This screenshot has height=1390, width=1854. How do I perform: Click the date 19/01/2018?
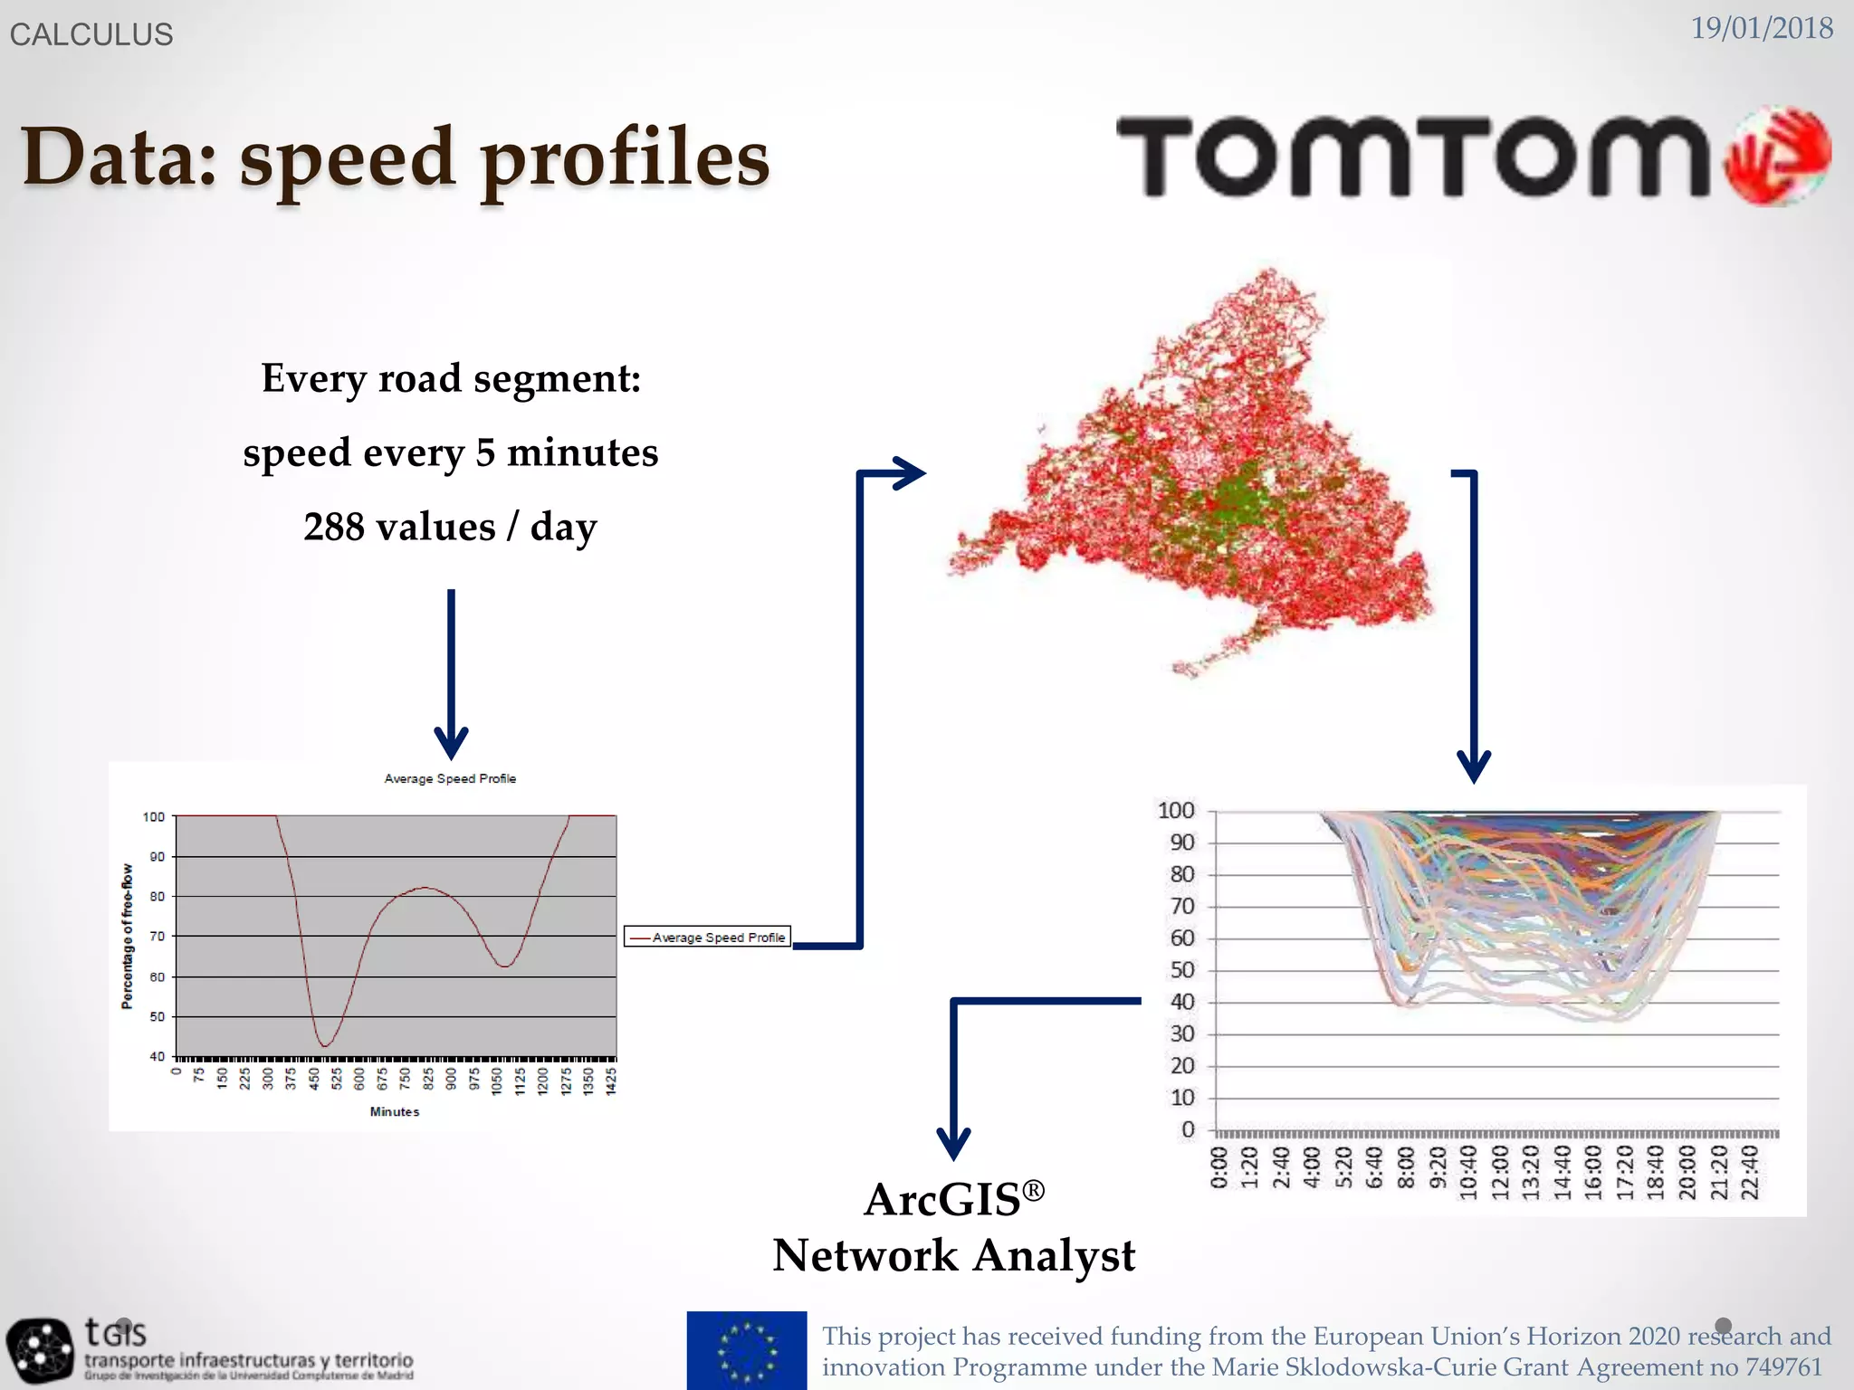coord(1761,28)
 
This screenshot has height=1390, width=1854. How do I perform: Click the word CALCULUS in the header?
coord(91,34)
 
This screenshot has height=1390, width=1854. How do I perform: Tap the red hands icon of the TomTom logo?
coord(1776,156)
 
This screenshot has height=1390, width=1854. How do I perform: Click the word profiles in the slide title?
coord(625,158)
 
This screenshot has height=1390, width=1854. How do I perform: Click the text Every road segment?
coord(451,378)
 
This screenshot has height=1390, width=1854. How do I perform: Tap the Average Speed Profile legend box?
coord(707,937)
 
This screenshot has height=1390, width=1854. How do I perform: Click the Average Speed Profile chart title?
coord(450,778)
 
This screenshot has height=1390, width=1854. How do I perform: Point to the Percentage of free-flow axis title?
coord(127,936)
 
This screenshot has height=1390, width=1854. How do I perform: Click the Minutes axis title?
coord(394,1111)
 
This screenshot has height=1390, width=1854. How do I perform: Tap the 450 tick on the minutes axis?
coord(314,1080)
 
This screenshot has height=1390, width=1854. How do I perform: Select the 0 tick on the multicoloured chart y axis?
coord(1188,1129)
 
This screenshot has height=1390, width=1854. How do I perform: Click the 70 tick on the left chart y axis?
coord(158,937)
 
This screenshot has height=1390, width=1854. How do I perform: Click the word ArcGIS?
coord(941,1200)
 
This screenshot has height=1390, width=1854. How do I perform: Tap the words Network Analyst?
coord(953,1256)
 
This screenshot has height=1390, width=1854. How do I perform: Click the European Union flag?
coord(746,1350)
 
